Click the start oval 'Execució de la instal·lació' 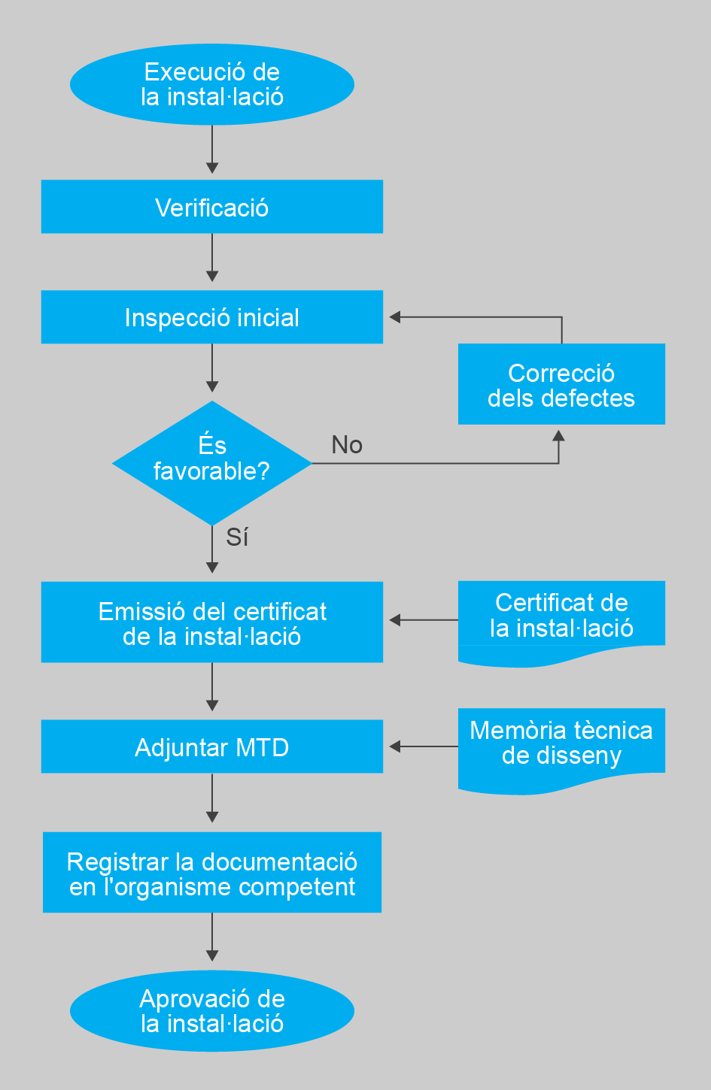click(x=211, y=84)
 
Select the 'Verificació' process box click(x=211, y=207)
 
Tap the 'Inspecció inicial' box click(x=211, y=317)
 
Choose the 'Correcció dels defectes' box click(x=561, y=384)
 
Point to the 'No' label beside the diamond click(x=347, y=445)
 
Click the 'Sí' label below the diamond click(x=237, y=537)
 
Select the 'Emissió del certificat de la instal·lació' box click(x=211, y=622)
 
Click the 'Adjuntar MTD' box click(x=211, y=746)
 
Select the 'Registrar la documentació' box click(x=211, y=873)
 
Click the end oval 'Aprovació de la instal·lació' click(x=211, y=1011)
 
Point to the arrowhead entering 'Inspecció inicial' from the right click(x=394, y=317)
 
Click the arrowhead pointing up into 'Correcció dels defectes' click(x=558, y=434)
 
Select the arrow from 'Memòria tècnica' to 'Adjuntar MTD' click(x=423, y=746)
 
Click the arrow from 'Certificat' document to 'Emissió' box click(x=423, y=620)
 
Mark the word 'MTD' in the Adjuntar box click(x=262, y=748)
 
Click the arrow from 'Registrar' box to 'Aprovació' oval click(x=212, y=937)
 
